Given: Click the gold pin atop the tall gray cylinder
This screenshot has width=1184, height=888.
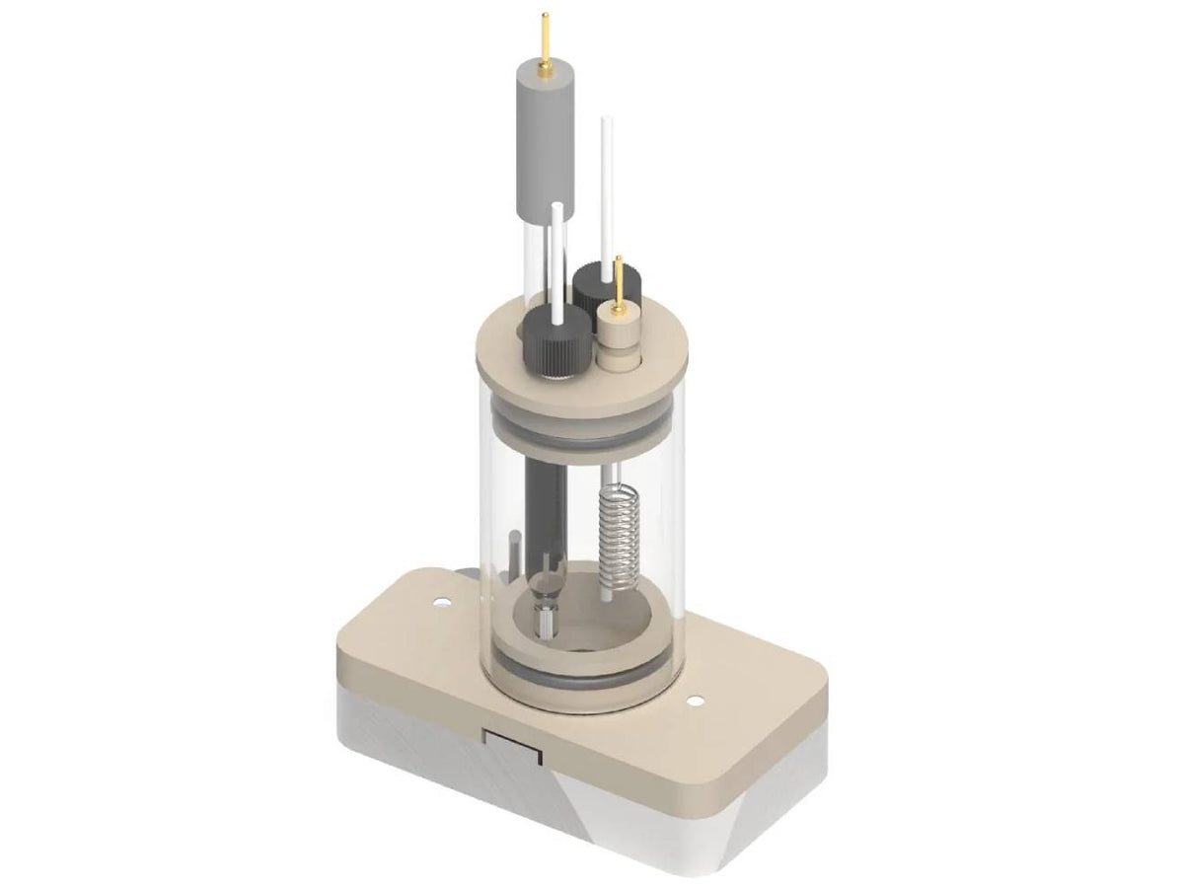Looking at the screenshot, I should (x=544, y=39).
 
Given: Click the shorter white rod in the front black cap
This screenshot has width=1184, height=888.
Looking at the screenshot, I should (x=557, y=257).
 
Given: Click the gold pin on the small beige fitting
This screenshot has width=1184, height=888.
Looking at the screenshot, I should (x=619, y=282).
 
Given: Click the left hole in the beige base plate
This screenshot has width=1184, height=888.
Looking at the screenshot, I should (x=439, y=599).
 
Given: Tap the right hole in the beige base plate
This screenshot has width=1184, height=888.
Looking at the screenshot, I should (x=697, y=701).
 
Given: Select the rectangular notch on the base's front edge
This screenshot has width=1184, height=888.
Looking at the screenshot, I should (x=512, y=746).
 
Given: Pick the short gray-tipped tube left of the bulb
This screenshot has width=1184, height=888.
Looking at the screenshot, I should (x=513, y=562).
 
